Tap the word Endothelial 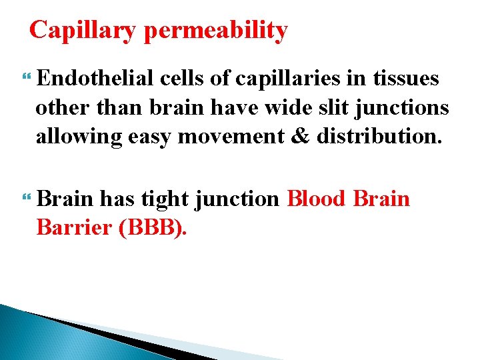point(97,79)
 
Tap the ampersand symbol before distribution point(299,137)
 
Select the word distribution point(378,137)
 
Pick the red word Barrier point(73,228)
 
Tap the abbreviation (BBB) point(152,228)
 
